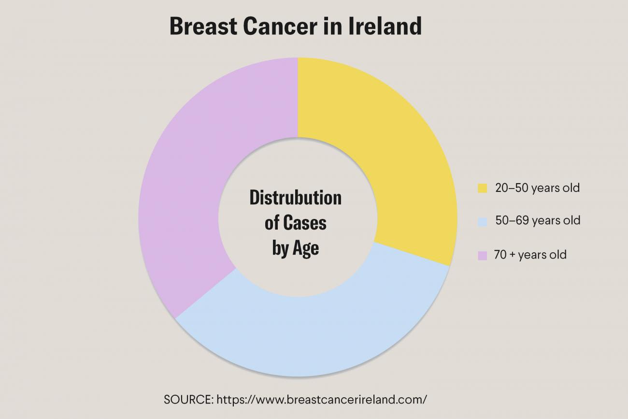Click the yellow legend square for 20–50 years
pos(482,188)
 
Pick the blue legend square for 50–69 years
pos(482,221)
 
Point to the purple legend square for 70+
pos(482,255)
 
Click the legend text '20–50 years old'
pos(537,188)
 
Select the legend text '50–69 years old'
pos(537,221)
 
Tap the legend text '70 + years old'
pos(530,255)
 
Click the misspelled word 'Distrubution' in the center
pos(295,198)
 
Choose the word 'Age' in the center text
pos(306,248)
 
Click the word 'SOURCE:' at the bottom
pos(188,400)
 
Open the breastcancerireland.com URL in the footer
pos(322,400)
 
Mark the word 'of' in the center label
pos(272,223)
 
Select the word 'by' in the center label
pos(280,249)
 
